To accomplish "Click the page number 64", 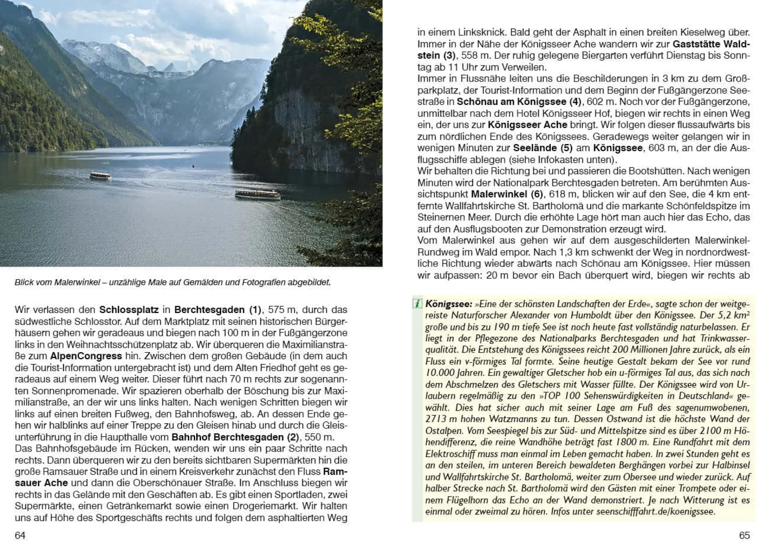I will point(20,535).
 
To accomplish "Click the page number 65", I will point(744,535).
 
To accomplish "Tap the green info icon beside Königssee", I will point(417,304).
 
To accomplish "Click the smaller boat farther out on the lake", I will point(100,175).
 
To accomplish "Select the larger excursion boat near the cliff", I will point(257,194).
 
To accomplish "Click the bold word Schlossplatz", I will point(129,310).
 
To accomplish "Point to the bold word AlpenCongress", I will point(86,356).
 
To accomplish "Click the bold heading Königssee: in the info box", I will point(449,304).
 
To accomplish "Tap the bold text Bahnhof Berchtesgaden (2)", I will point(235,437).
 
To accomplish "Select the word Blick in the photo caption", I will point(24,282).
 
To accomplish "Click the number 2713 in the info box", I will point(436,419).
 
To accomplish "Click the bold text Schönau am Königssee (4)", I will point(519,102).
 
